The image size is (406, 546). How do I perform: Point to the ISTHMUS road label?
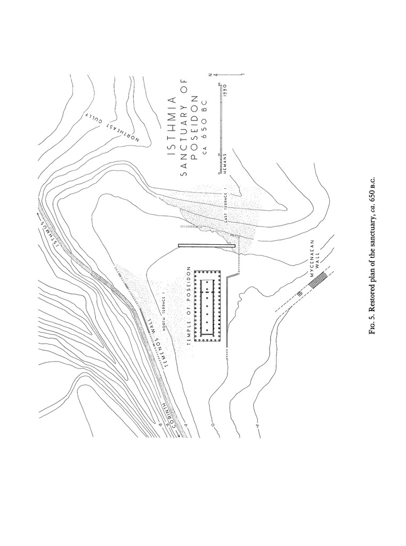tap(50, 229)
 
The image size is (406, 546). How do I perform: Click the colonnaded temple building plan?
tap(206, 306)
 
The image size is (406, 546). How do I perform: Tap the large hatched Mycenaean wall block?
tap(318, 280)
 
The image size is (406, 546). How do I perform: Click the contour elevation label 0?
tap(212, 425)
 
